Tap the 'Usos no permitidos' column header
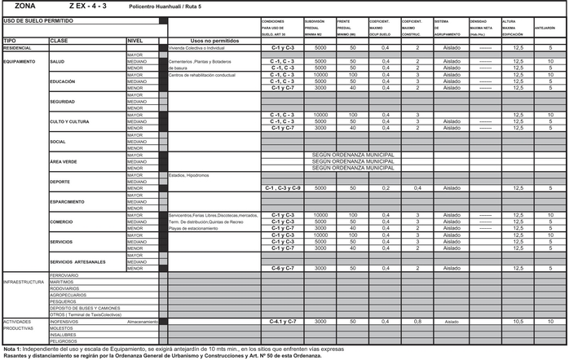click(214, 40)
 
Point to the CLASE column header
click(59, 40)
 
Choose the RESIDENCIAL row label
click(17, 48)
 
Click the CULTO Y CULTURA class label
click(69, 121)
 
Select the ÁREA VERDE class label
click(64, 161)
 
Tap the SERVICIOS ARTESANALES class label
click(77, 261)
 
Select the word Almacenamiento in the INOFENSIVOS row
click(142, 322)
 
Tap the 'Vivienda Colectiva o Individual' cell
click(196, 48)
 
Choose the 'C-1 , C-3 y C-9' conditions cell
click(284, 187)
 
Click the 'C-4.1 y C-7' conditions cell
click(284, 322)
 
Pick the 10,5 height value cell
click(518, 322)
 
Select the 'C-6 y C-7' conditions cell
click(284, 268)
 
